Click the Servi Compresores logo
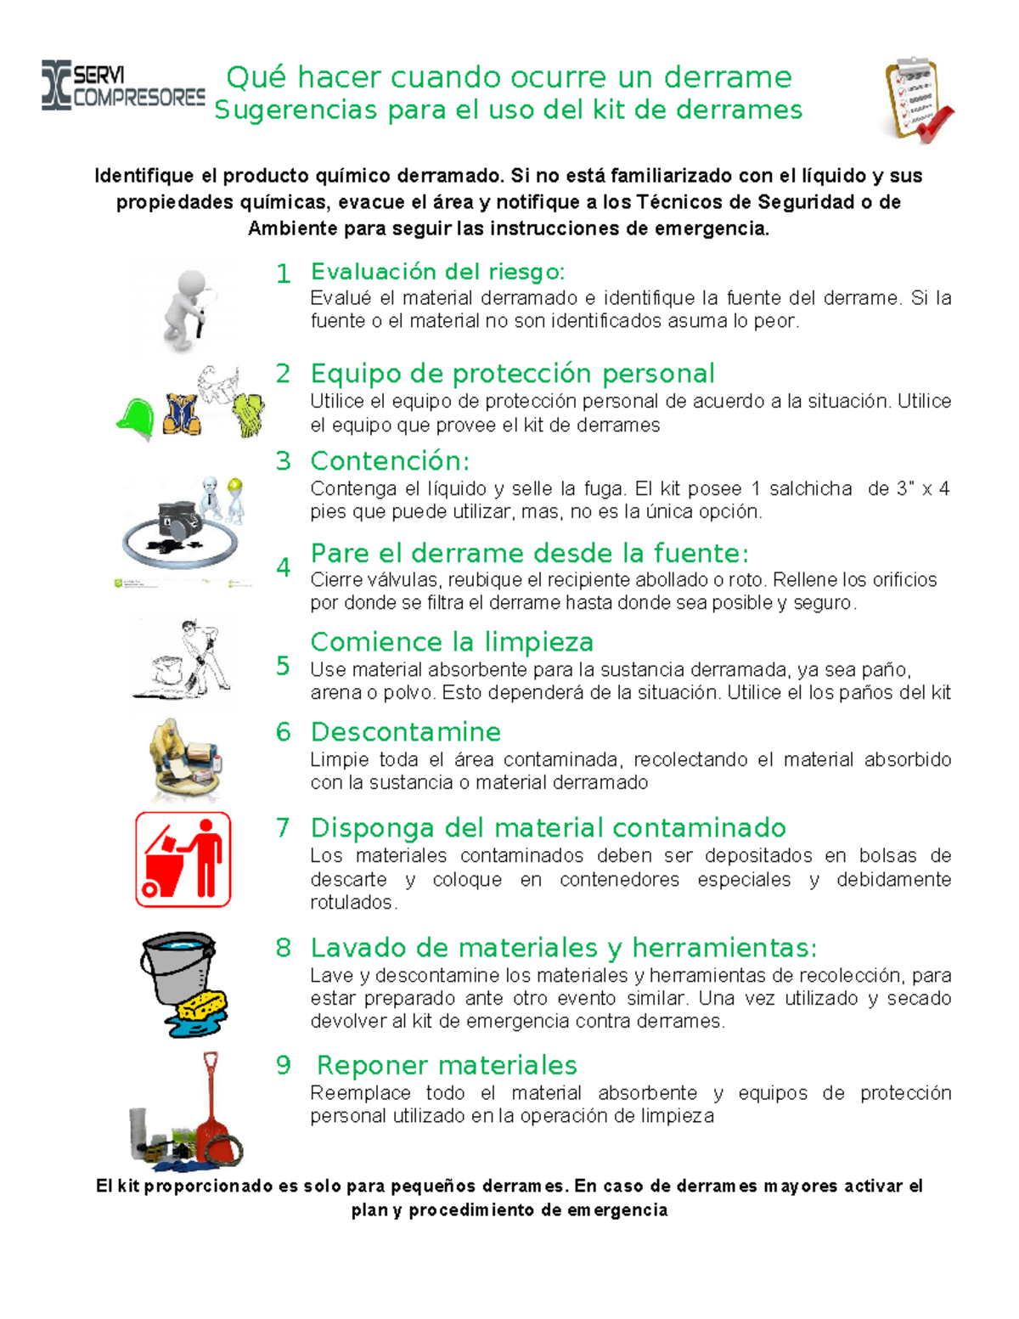click(x=123, y=86)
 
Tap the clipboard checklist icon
click(x=917, y=99)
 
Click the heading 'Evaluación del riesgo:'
click(x=437, y=272)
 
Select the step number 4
click(x=284, y=567)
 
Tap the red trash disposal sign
click(x=183, y=860)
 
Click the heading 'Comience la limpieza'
click(x=452, y=642)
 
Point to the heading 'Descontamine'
click(x=405, y=732)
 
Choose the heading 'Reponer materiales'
click(x=447, y=1065)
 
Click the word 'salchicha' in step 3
click(x=810, y=488)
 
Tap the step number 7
click(x=283, y=828)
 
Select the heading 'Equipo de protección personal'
click(x=512, y=374)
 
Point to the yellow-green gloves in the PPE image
click(x=250, y=414)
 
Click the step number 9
click(x=284, y=1065)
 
